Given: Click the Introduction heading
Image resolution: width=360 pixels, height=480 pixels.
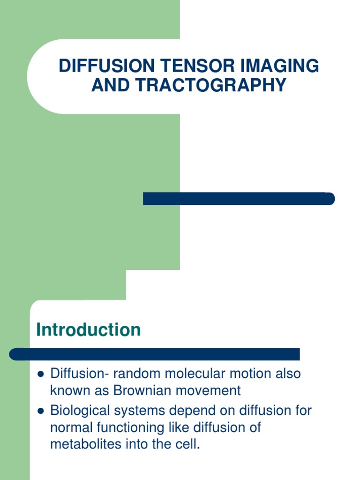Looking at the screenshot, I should pyautogui.click(x=89, y=330).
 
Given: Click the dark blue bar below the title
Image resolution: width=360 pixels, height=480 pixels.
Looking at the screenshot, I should pyautogui.click(x=239, y=199).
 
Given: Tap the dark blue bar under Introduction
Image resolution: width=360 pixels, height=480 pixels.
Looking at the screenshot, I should pyautogui.click(x=155, y=354).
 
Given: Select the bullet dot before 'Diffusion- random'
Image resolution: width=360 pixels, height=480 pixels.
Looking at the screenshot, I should pyautogui.click(x=40, y=375).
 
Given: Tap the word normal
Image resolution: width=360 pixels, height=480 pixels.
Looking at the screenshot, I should pyautogui.click(x=71, y=427).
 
